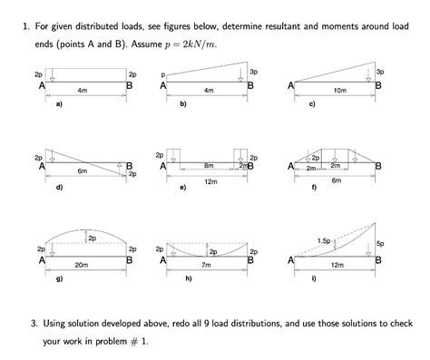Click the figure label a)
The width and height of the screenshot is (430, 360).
click(60, 105)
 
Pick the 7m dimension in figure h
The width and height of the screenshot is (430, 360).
click(206, 265)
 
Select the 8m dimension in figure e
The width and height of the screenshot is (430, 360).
click(209, 165)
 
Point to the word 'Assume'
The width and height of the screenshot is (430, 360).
click(173, 44)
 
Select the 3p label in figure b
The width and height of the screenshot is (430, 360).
click(253, 71)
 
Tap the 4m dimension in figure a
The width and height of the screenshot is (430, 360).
click(82, 91)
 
